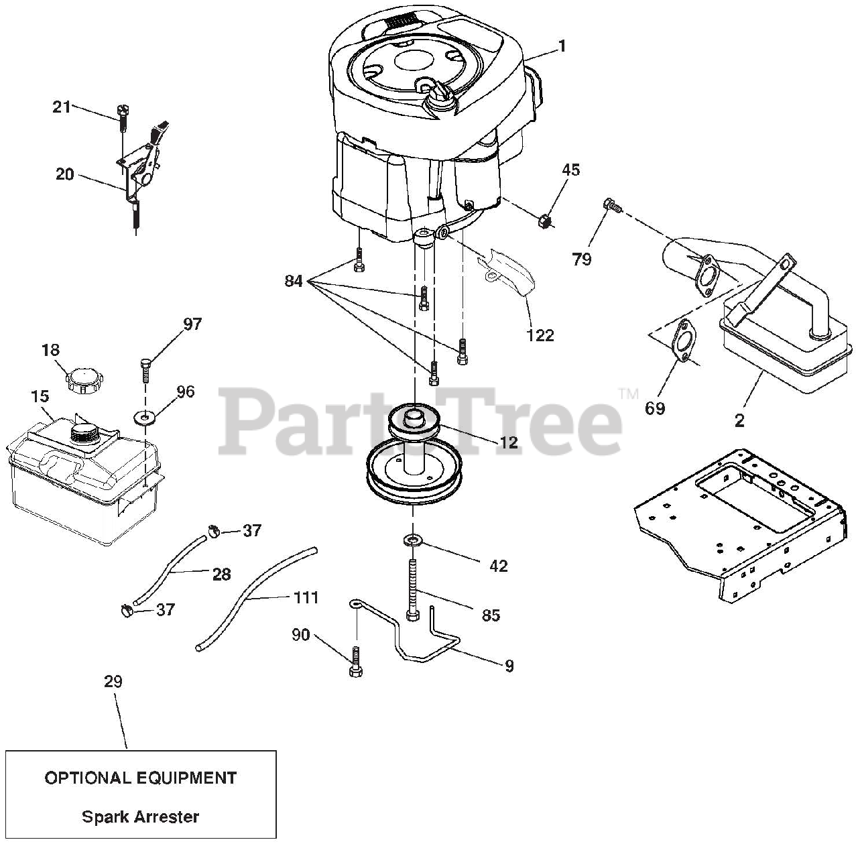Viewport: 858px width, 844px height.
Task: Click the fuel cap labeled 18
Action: click(83, 381)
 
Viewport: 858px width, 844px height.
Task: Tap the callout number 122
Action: click(540, 335)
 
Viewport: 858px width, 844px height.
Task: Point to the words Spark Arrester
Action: click(140, 817)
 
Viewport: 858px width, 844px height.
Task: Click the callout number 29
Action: click(113, 682)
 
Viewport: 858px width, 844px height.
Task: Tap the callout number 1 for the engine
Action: click(562, 46)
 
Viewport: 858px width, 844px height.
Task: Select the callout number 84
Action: click(293, 281)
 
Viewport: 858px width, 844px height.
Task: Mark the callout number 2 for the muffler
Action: click(739, 420)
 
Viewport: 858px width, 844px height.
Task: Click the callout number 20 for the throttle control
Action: click(64, 174)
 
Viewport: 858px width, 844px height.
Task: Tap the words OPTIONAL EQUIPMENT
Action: click(140, 778)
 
